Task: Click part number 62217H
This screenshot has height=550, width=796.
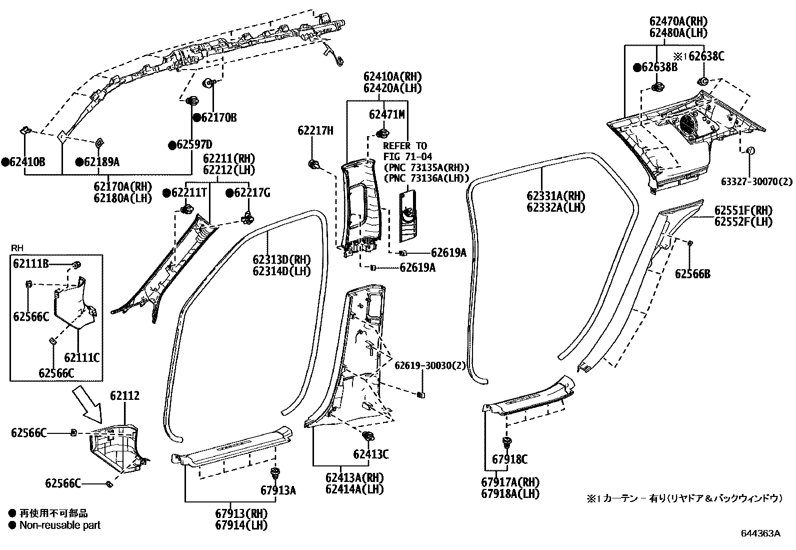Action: point(315,131)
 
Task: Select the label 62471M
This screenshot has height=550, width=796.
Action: point(386,115)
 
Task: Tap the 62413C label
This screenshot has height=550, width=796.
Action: point(370,454)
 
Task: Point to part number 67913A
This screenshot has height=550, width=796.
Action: point(278,490)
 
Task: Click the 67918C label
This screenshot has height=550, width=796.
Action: point(509,459)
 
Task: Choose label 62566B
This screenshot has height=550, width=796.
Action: point(692,274)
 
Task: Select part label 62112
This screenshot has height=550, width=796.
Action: point(125,396)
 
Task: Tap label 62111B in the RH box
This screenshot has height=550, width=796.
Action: point(31,264)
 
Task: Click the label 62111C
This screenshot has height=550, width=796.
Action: point(81,357)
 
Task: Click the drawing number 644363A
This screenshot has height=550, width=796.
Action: point(760,533)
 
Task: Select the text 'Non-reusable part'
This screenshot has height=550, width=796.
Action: point(59,525)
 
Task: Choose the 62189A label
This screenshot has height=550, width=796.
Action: point(101,162)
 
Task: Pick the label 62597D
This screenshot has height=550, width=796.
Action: point(193,145)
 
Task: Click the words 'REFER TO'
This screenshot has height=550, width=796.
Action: point(405,146)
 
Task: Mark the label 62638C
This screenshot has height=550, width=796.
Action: point(706,56)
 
